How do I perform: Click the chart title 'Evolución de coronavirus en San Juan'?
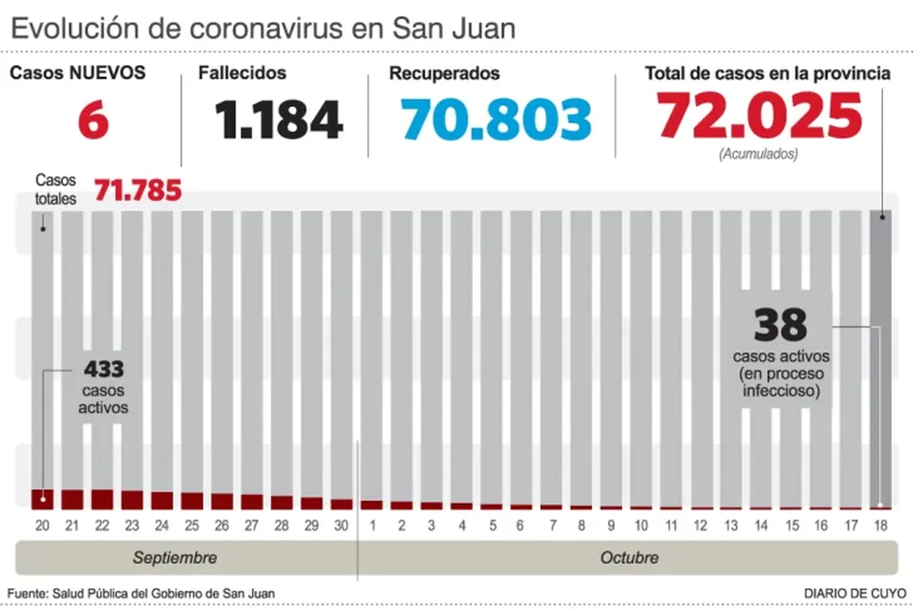pyautogui.click(x=263, y=28)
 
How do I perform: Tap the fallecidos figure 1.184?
pyautogui.click(x=279, y=119)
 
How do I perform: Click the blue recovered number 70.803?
pyautogui.click(x=496, y=119)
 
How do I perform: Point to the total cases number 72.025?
pyautogui.click(x=760, y=116)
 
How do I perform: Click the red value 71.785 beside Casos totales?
pyautogui.click(x=137, y=192)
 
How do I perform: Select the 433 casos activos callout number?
pyautogui.click(x=103, y=370)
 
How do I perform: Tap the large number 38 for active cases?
pyautogui.click(x=781, y=324)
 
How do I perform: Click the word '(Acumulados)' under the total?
pyautogui.click(x=758, y=154)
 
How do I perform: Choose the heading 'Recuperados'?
pyautogui.click(x=445, y=73)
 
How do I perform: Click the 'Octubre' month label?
pyautogui.click(x=629, y=557)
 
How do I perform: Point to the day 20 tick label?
pyautogui.click(x=42, y=525)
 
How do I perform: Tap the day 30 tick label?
pyautogui.click(x=341, y=525)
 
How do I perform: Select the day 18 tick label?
pyautogui.click(x=881, y=525)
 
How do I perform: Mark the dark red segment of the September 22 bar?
pyautogui.click(x=102, y=499)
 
